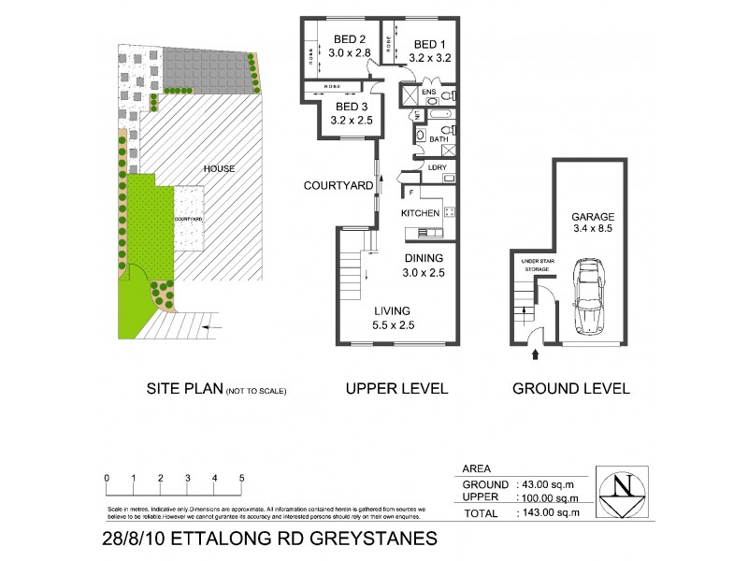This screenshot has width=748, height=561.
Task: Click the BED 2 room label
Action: point(350,39)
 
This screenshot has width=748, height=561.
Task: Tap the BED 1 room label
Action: point(430,44)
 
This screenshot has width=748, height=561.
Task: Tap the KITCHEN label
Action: point(420,214)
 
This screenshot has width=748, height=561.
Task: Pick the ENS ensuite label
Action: point(428,93)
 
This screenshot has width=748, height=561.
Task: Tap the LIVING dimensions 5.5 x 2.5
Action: point(393,325)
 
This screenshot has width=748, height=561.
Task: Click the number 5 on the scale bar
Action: point(242,478)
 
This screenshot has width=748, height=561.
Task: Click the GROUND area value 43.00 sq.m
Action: point(557,484)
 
